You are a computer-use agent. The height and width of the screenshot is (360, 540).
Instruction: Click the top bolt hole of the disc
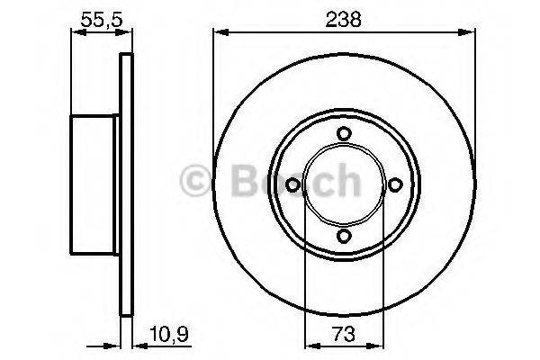coord(343,134)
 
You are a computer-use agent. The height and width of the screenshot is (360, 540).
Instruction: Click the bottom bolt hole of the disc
coord(343,235)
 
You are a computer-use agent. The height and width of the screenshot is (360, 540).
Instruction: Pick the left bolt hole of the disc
coord(292,184)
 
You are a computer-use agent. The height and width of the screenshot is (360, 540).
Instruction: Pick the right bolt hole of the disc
coord(393,184)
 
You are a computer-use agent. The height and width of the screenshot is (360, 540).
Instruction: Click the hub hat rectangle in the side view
coord(95,184)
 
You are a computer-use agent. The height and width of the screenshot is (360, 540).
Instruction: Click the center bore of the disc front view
coord(343,184)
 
